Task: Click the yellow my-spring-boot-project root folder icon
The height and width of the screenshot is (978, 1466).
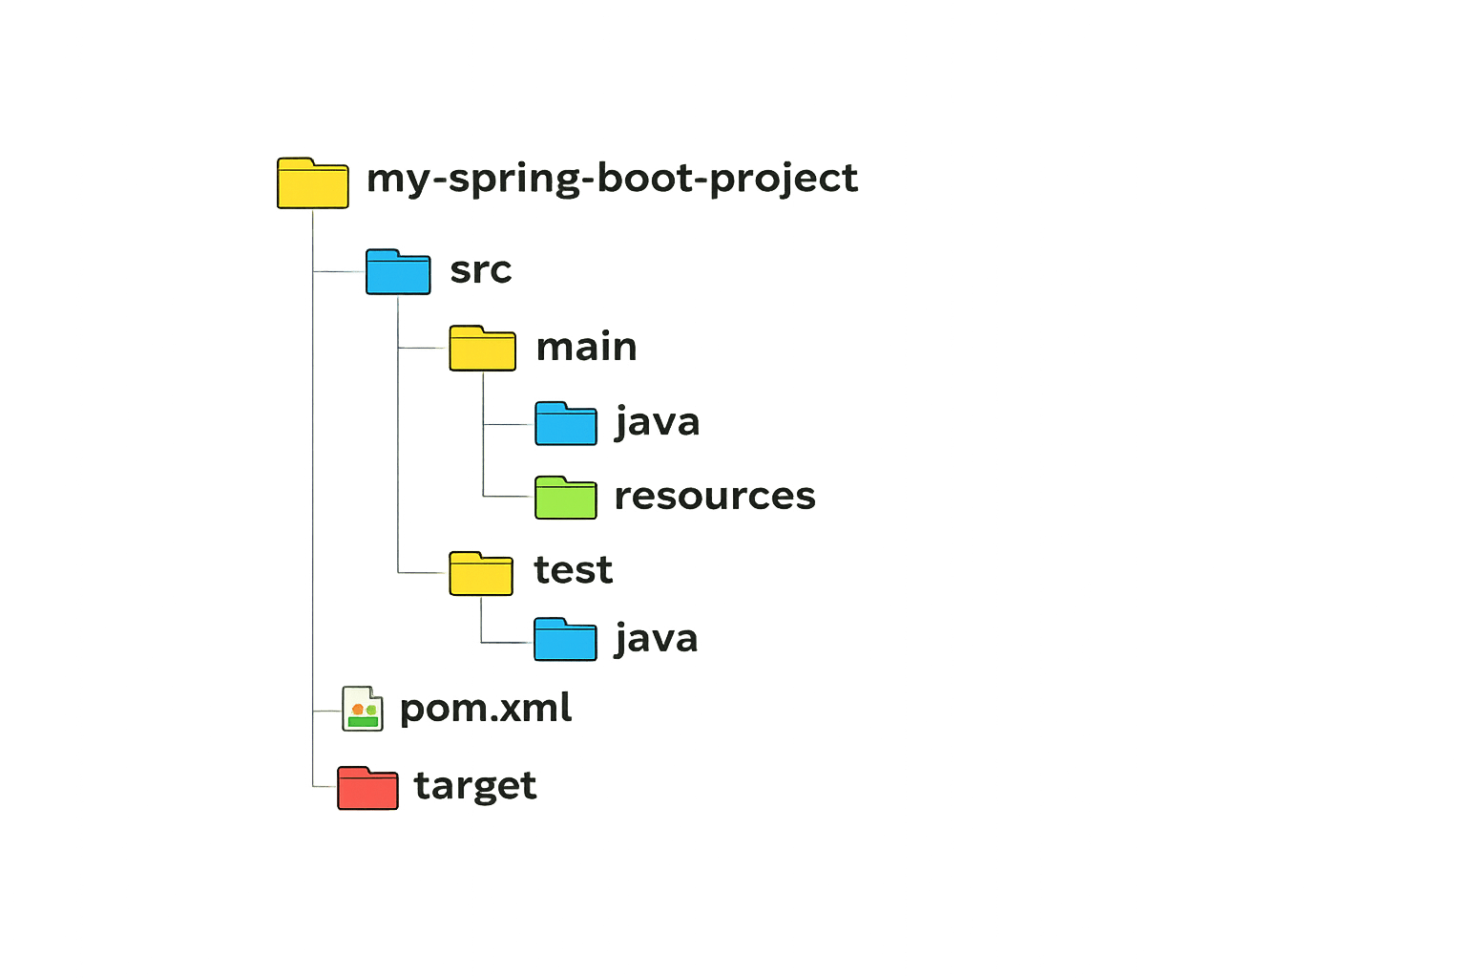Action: [x=312, y=183]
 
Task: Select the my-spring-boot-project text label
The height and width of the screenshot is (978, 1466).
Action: [x=612, y=179]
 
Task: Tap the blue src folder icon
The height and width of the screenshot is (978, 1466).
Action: [x=398, y=271]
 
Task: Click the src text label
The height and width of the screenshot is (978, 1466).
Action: [x=480, y=270]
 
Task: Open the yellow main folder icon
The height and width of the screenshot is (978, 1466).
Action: [x=482, y=348]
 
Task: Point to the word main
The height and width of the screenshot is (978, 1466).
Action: [x=586, y=347]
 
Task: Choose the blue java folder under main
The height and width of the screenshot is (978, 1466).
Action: [x=566, y=423]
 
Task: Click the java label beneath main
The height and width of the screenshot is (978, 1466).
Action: [x=658, y=422]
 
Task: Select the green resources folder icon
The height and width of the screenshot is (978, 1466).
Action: [x=566, y=498]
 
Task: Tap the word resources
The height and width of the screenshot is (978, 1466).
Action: [x=715, y=497]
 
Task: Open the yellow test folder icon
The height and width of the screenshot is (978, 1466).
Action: [x=481, y=573]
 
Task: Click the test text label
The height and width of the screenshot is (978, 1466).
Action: [x=573, y=570]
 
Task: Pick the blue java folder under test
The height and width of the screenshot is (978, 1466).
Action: [x=565, y=640]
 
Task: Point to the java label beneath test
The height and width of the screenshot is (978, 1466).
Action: [x=657, y=639]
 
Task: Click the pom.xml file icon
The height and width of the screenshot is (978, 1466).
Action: [x=363, y=709]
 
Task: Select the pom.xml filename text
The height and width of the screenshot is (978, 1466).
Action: [x=486, y=709]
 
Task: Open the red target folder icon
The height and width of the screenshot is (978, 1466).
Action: [x=367, y=788]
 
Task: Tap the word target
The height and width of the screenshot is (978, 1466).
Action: [x=475, y=786]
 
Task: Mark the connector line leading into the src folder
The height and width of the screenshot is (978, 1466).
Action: [x=339, y=273]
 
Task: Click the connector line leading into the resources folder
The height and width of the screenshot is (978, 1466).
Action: [x=509, y=496]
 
